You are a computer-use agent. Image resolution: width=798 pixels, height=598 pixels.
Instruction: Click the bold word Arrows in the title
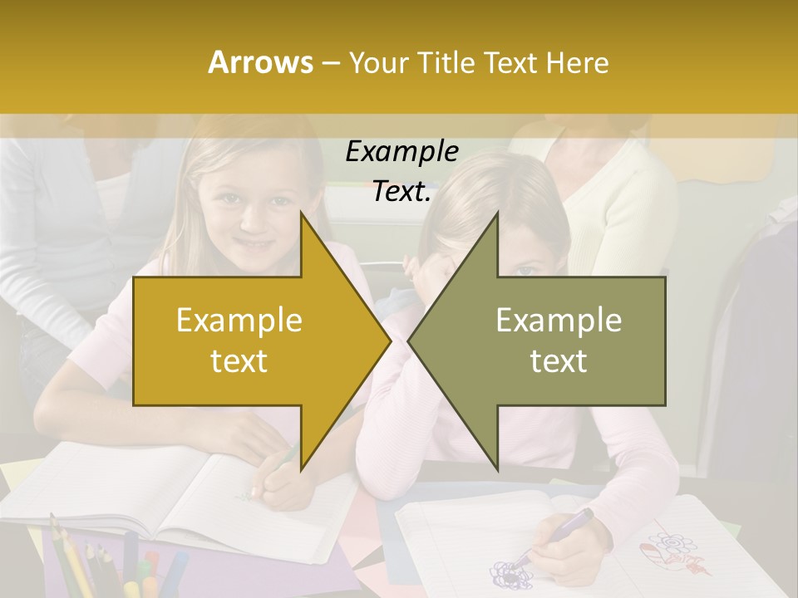click(x=260, y=62)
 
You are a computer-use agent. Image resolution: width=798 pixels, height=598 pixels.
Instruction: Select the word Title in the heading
click(x=446, y=62)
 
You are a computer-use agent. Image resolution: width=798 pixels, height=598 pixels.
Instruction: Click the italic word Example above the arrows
click(x=401, y=152)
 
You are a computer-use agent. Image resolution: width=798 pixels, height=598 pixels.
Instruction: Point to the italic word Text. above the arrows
click(x=401, y=192)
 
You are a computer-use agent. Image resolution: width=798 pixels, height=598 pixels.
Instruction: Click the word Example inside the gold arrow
click(x=239, y=321)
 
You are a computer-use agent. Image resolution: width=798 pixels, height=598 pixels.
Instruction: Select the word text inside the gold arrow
click(x=239, y=360)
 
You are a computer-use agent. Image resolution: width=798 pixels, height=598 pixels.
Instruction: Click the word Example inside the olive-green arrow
click(x=559, y=321)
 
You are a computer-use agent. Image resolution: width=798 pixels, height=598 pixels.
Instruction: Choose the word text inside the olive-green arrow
click(x=559, y=360)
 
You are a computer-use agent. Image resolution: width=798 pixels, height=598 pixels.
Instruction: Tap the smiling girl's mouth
click(x=255, y=245)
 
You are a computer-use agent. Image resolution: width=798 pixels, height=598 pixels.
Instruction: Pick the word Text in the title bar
click(x=511, y=62)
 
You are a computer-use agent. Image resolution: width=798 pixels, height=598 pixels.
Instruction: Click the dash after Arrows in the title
click(x=329, y=63)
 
